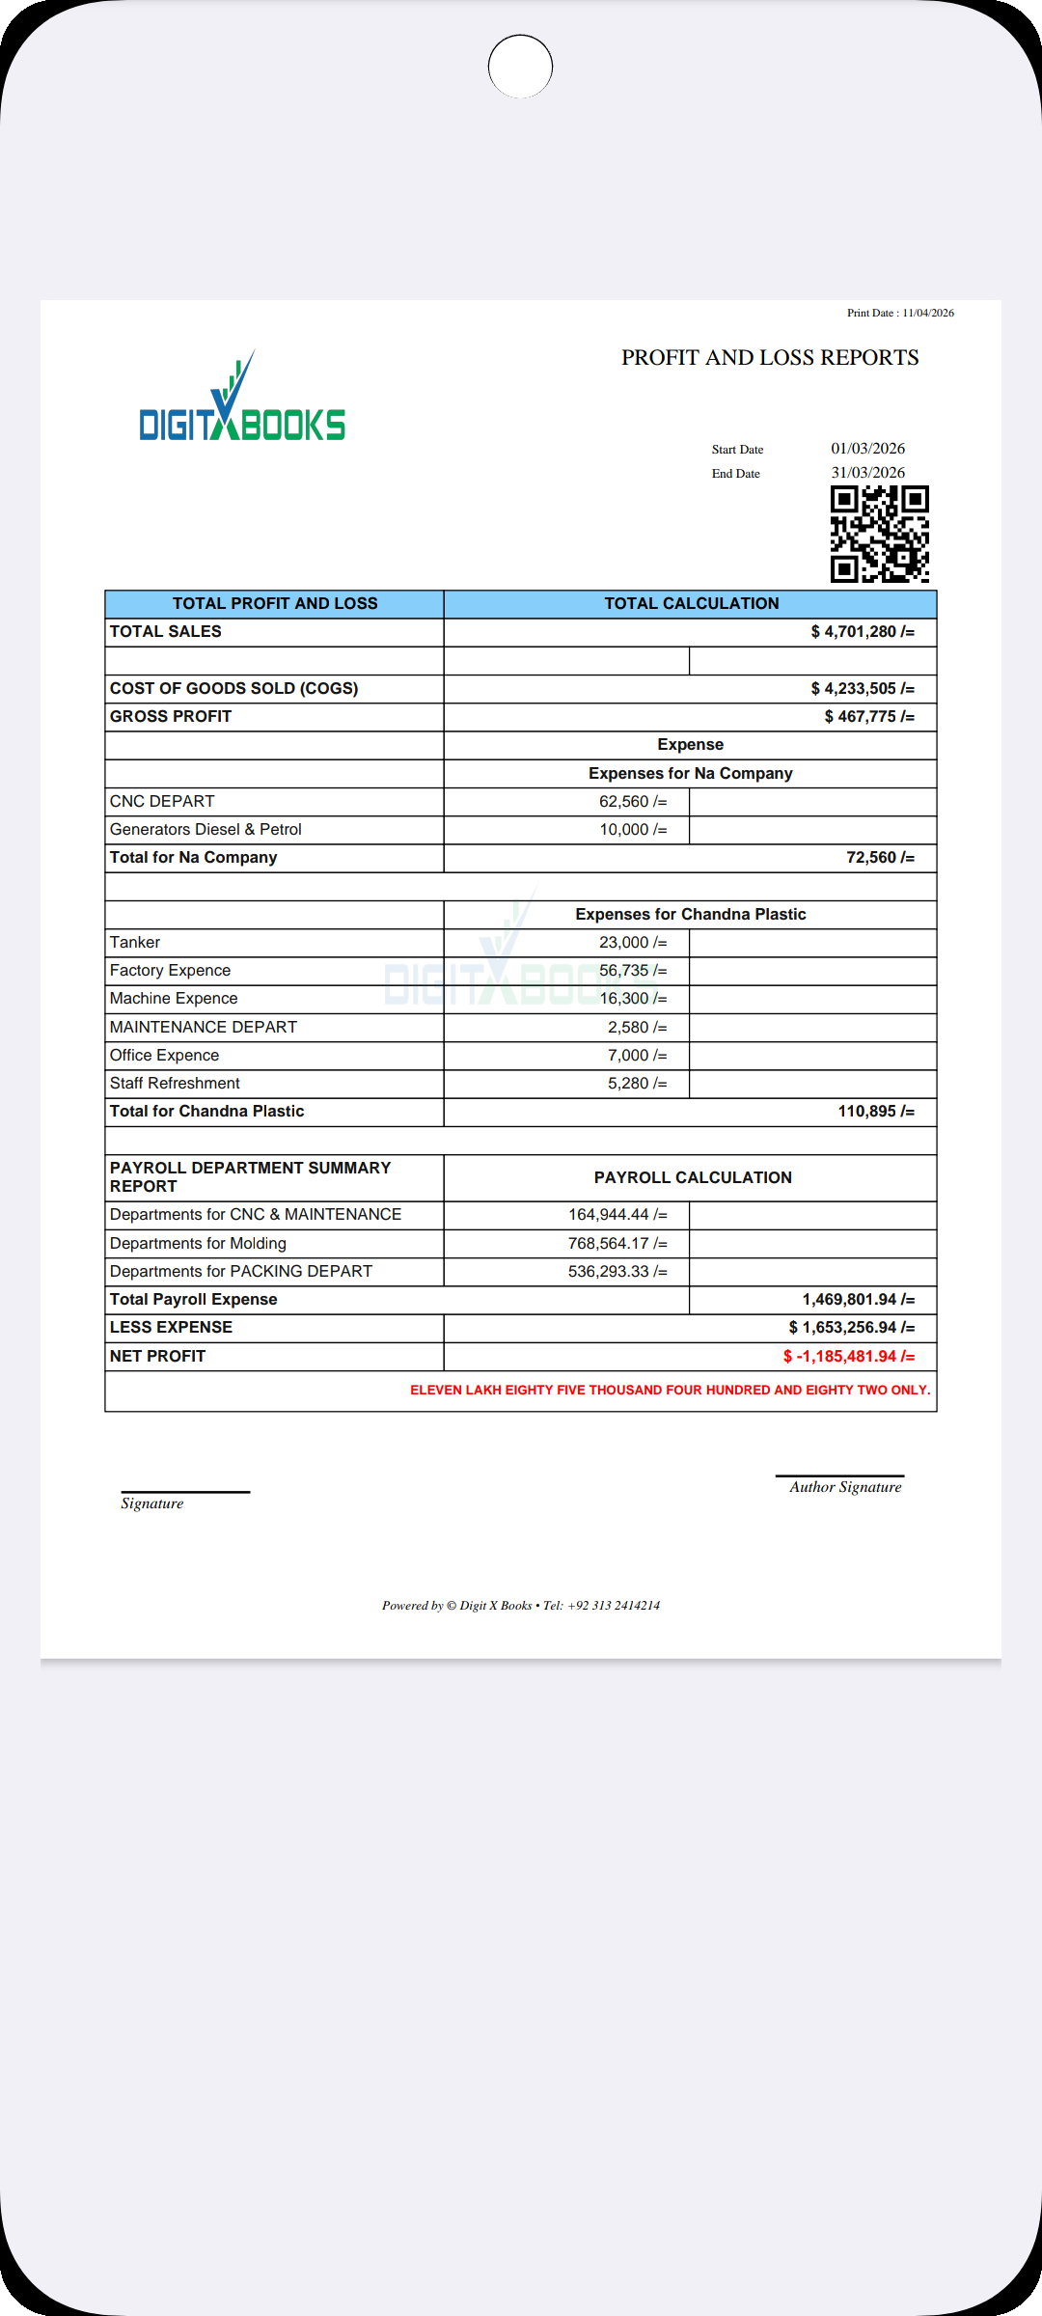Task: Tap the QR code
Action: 879,534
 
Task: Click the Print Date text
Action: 900,313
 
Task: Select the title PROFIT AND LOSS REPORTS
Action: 769,358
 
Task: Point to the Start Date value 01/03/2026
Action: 867,449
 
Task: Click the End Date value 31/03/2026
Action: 867,473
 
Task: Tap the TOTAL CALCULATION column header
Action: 691,604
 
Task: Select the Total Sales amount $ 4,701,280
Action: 862,632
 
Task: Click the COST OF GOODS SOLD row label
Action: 233,689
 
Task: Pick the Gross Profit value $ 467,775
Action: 868,717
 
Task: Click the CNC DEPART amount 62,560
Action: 632,802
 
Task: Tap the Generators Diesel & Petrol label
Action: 206,830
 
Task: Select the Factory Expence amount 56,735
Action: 632,971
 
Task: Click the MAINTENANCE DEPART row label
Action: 204,1028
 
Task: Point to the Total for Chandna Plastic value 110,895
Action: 875,1112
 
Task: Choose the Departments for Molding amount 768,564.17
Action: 617,1244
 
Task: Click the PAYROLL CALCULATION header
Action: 692,1178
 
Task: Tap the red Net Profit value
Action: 848,1357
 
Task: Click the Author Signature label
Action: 845,1487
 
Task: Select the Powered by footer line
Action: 520,1606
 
